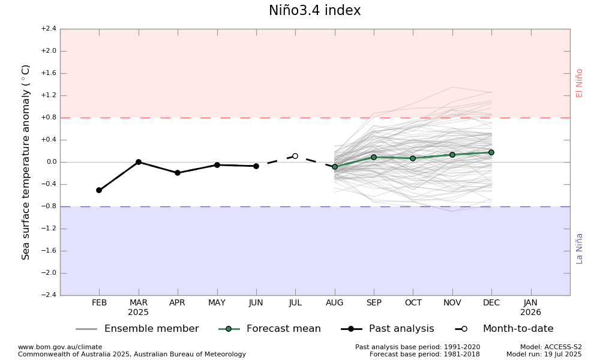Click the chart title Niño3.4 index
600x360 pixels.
(x=314, y=11)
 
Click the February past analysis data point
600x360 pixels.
(x=99, y=190)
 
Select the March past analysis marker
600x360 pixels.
(x=139, y=162)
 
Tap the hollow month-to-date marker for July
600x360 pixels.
(x=295, y=156)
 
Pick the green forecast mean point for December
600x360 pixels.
(x=491, y=152)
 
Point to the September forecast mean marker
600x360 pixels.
(x=374, y=157)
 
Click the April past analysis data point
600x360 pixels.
(x=178, y=173)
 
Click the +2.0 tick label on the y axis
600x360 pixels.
(x=49, y=51)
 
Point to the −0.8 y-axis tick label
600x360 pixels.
(x=49, y=206)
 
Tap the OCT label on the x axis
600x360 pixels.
(x=413, y=303)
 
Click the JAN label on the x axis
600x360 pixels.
(x=530, y=303)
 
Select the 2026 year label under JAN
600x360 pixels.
(x=530, y=313)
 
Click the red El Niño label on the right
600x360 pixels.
(x=580, y=83)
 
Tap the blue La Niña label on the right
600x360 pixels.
(x=580, y=248)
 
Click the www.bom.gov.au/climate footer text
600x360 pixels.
(x=60, y=347)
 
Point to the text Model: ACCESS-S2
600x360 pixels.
(x=551, y=347)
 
